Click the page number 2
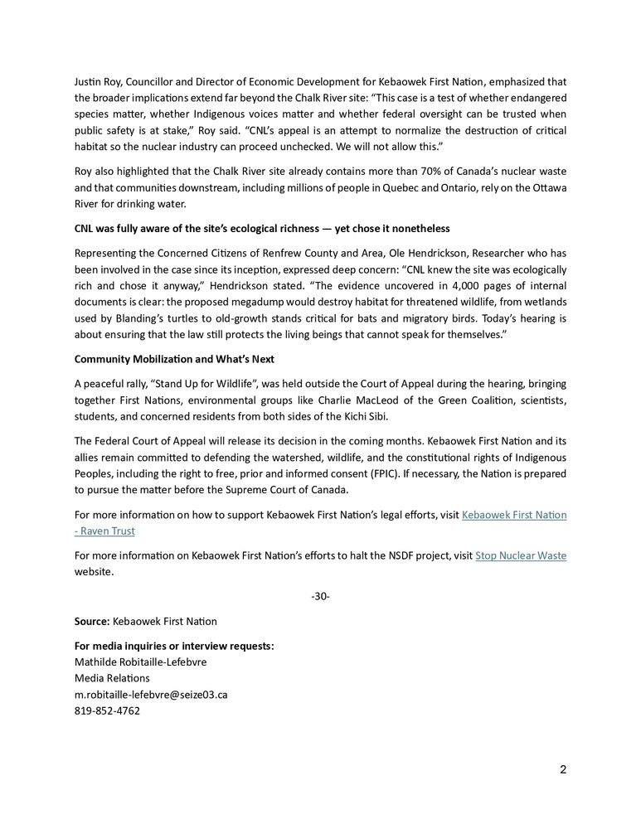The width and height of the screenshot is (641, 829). point(563,769)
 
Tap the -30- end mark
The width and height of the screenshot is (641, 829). point(320,597)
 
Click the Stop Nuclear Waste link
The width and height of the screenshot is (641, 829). point(521,555)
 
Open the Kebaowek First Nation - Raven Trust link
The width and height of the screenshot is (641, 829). point(513,515)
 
